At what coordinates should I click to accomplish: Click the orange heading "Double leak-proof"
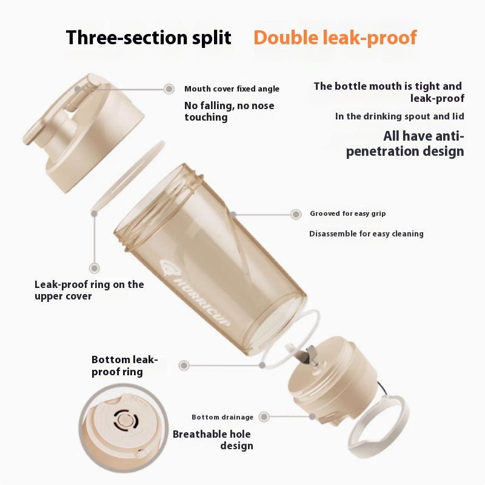pyautogui.click(x=335, y=38)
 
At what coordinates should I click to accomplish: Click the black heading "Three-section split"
pyautogui.click(x=149, y=38)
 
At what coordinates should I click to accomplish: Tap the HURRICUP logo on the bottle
pyautogui.click(x=193, y=289)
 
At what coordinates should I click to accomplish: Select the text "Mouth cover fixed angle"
pyautogui.click(x=232, y=89)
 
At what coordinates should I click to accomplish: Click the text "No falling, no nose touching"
pyautogui.click(x=229, y=112)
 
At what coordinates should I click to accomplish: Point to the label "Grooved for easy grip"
pyautogui.click(x=347, y=213)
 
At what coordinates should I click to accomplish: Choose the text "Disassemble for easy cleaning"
pyautogui.click(x=366, y=234)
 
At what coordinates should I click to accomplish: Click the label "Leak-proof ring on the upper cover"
pyautogui.click(x=89, y=290)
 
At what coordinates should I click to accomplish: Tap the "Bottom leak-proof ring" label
pyautogui.click(x=124, y=366)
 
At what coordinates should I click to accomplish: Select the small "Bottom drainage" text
pyautogui.click(x=222, y=417)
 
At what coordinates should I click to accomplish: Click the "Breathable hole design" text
pyautogui.click(x=212, y=440)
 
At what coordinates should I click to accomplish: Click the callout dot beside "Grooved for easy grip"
pyautogui.click(x=296, y=214)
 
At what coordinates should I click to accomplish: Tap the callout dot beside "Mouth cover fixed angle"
pyautogui.click(x=169, y=89)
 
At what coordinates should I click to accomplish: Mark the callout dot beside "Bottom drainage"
pyautogui.click(x=264, y=417)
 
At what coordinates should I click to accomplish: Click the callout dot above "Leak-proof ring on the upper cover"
pyautogui.click(x=94, y=268)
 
